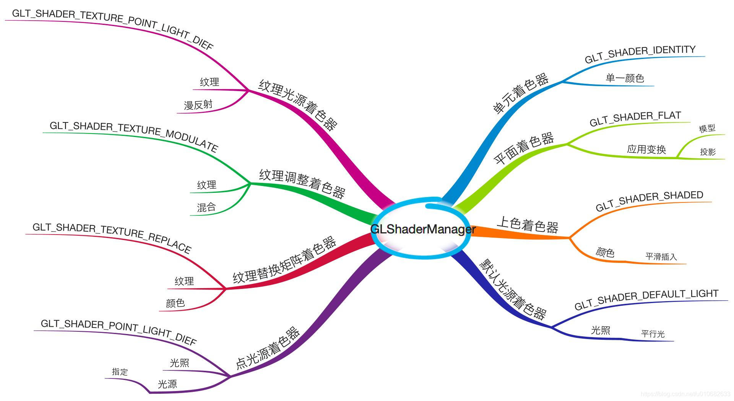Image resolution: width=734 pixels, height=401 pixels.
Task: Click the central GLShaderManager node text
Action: point(423,229)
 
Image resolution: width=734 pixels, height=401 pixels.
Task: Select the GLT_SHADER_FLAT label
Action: point(635,119)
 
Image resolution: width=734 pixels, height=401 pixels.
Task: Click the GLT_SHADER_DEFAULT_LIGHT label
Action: point(646,299)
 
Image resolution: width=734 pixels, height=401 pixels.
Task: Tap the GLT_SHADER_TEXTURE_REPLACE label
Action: point(112,237)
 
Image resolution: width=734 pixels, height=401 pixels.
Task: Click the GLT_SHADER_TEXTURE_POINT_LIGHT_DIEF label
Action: point(113,28)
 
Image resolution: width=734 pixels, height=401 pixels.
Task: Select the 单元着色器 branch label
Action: point(520,93)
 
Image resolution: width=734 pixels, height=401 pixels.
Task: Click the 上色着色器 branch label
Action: point(527,225)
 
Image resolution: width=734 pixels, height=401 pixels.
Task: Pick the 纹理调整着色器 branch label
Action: point(302,183)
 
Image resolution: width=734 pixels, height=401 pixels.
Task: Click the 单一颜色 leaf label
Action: point(625,78)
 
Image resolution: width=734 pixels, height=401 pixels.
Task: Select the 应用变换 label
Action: point(646,149)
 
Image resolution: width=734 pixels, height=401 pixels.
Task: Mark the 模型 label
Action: point(707,129)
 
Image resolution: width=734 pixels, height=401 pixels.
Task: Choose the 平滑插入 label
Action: point(661,257)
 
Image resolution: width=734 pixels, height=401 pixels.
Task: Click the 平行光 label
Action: point(653,334)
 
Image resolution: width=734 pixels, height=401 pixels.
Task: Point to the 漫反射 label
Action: point(198,105)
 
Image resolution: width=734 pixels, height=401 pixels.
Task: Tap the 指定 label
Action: point(120,372)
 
